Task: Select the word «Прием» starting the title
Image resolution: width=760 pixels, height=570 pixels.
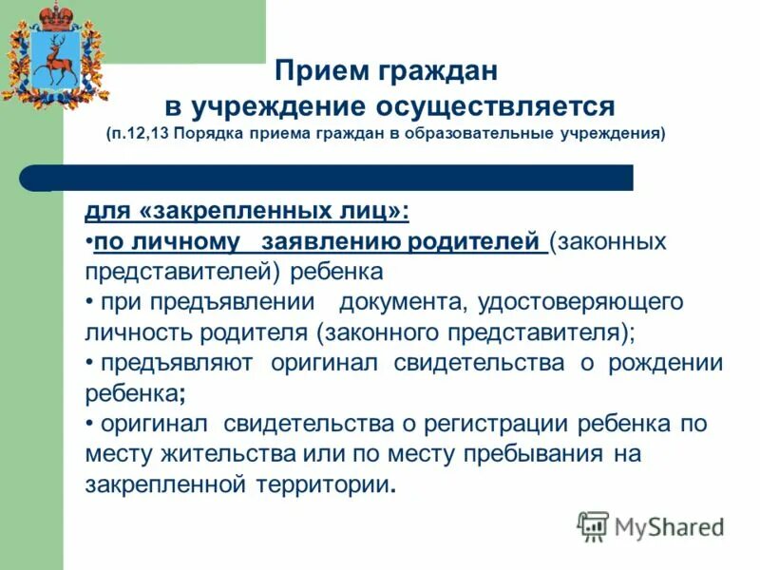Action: [x=313, y=71]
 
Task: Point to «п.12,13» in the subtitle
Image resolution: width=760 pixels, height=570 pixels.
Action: [x=142, y=134]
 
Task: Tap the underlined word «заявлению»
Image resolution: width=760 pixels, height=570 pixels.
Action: [x=330, y=241]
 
